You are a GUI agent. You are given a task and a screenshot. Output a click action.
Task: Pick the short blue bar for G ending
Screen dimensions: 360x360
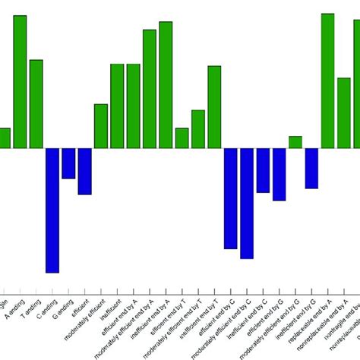click(x=68, y=163)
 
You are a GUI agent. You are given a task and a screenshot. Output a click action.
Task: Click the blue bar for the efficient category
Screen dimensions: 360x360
click(x=84, y=171)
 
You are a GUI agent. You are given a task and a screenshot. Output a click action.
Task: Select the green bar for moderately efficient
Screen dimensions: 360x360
click(x=101, y=126)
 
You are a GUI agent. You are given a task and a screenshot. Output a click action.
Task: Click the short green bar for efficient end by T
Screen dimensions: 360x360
click(x=182, y=137)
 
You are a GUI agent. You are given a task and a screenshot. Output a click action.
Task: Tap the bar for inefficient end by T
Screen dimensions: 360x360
click(x=214, y=107)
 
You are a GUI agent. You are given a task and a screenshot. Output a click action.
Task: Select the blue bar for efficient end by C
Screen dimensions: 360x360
click(x=230, y=198)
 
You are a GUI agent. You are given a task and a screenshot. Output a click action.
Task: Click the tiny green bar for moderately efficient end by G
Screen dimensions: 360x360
click(x=295, y=142)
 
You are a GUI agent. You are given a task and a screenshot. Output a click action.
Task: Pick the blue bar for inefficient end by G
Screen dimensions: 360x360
click(x=311, y=168)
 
